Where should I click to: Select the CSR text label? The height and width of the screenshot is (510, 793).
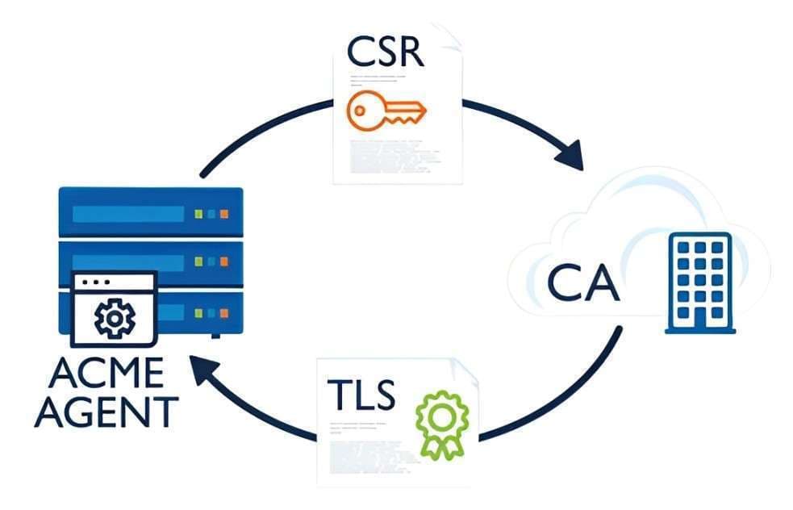coord(383,52)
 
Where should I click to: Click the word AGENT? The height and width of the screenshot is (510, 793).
coord(109,412)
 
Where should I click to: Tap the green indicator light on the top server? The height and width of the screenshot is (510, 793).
coord(199,214)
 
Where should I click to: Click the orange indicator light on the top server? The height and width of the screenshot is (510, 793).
coord(224,214)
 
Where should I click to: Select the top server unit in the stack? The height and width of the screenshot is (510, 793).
coord(151,212)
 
